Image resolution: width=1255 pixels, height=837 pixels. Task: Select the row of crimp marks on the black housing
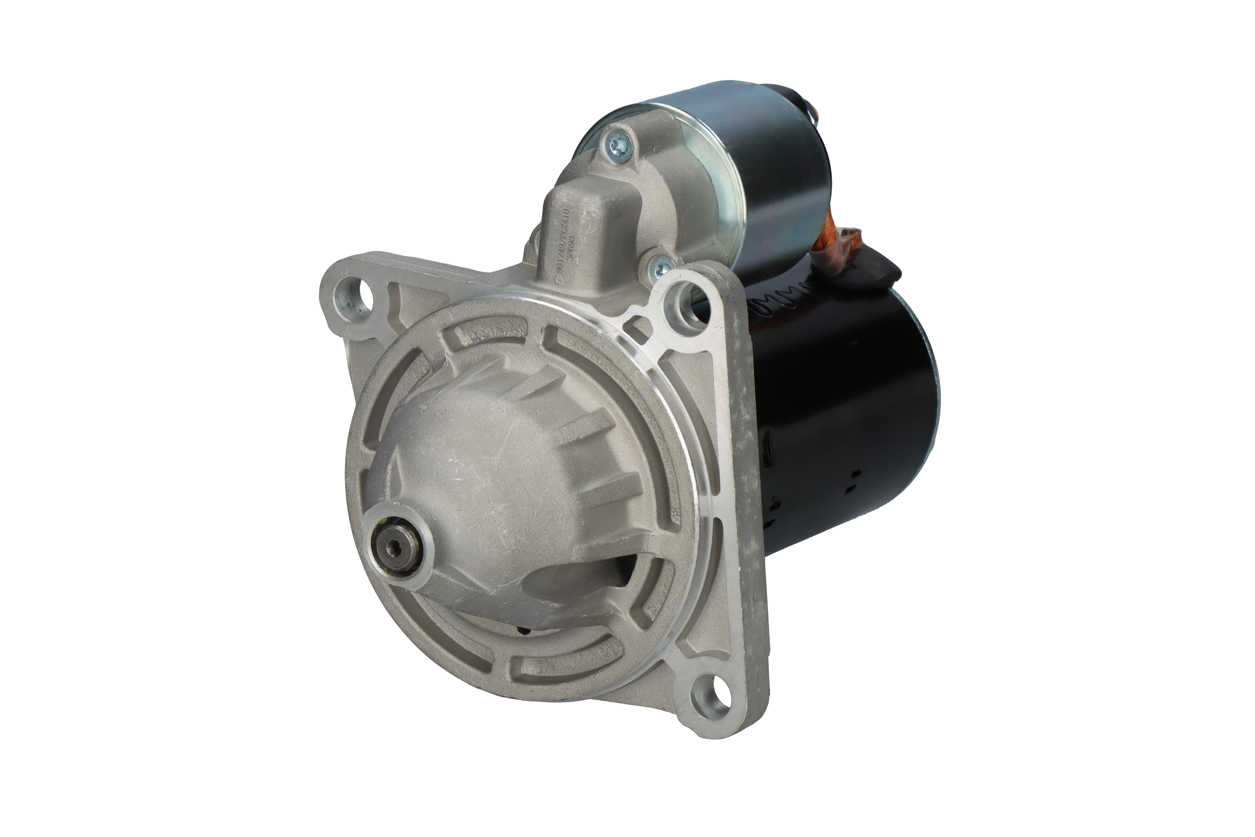click(x=779, y=307)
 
